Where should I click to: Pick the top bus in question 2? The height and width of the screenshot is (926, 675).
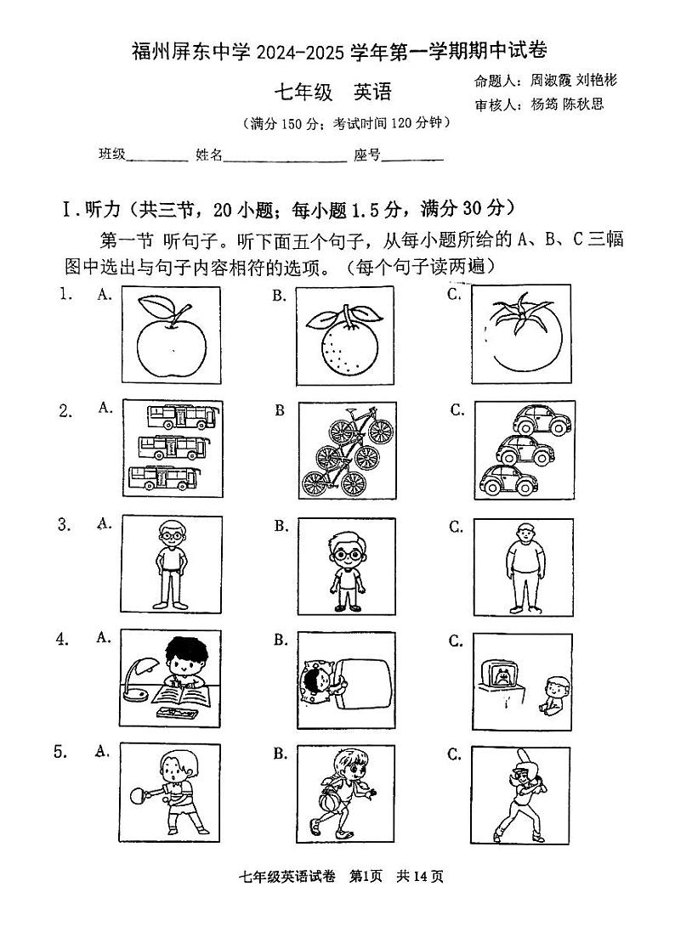click(x=182, y=417)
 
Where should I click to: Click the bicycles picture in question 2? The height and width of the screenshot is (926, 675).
click(x=346, y=449)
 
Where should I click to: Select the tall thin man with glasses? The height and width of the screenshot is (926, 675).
click(x=173, y=562)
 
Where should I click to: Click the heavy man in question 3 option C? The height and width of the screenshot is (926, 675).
click(x=525, y=566)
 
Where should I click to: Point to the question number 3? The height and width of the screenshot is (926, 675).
click(x=63, y=524)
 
